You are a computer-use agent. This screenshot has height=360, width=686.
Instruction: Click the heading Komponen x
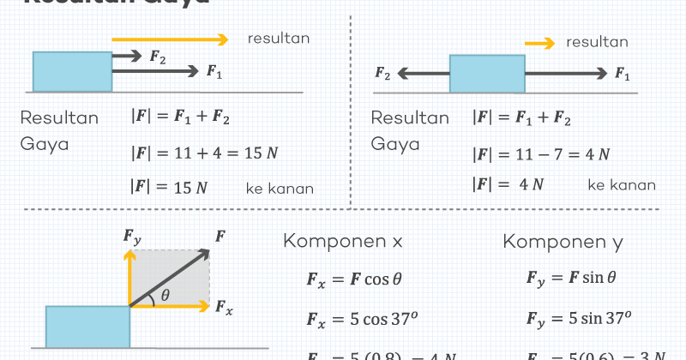pyautogui.click(x=343, y=242)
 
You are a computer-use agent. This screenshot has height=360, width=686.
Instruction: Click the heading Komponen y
pyautogui.click(x=563, y=242)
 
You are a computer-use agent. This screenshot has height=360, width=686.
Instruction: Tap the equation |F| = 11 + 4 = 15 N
pyautogui.click(x=205, y=153)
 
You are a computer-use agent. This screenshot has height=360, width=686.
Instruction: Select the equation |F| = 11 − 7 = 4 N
pyautogui.click(x=541, y=154)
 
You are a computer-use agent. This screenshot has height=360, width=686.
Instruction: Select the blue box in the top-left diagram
pyautogui.click(x=72, y=71)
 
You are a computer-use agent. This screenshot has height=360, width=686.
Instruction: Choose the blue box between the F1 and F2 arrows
pyautogui.click(x=487, y=74)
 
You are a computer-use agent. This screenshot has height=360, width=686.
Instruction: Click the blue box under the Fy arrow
pyautogui.click(x=87, y=327)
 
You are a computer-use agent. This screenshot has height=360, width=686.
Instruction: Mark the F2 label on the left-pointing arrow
pyautogui.click(x=382, y=74)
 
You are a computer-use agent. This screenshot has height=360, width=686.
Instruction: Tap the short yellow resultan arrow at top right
pyautogui.click(x=539, y=42)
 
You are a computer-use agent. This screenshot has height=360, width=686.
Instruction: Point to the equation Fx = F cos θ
pyautogui.click(x=354, y=279)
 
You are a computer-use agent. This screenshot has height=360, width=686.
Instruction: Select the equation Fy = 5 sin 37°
pyautogui.click(x=578, y=319)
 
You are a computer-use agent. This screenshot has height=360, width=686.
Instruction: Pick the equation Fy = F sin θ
pyautogui.click(x=571, y=278)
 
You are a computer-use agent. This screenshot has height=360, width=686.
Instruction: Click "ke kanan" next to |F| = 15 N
pyautogui.click(x=280, y=189)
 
